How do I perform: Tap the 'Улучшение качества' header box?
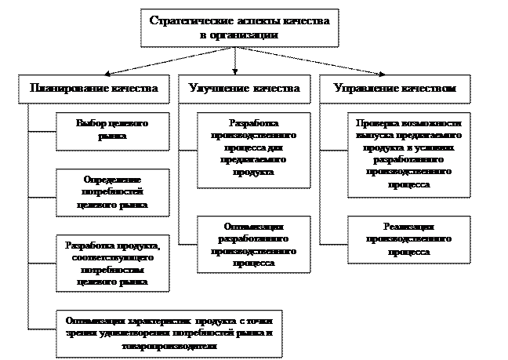pyautogui.click(x=245, y=89)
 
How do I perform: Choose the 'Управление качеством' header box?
pyautogui.click(x=395, y=89)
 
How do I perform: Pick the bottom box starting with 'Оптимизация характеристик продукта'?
pyautogui.click(x=169, y=333)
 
